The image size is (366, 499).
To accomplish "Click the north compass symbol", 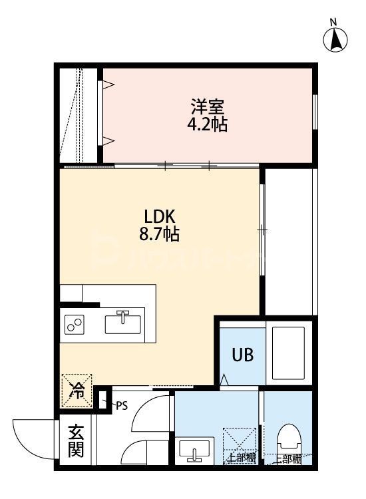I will [337, 39].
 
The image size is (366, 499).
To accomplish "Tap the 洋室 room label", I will [207, 106].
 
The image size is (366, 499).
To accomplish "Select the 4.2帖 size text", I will [207, 124].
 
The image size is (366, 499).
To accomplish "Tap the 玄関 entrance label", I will [75, 441].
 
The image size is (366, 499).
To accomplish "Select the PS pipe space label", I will [121, 405].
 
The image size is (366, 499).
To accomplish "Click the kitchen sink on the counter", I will [124, 324].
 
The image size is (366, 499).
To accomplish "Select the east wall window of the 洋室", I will [315, 113].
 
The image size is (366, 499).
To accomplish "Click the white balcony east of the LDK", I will [289, 240].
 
